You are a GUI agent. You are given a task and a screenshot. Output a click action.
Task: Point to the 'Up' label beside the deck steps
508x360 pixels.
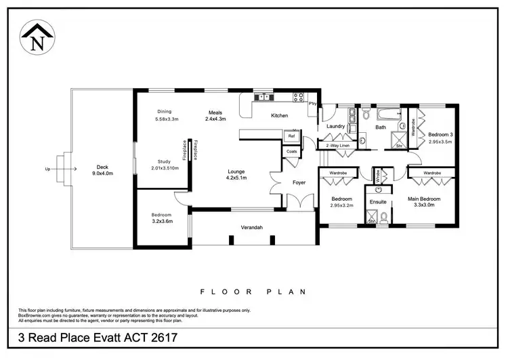pos(47,169)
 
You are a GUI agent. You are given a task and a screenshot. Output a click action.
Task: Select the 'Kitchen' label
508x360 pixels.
pos(280,116)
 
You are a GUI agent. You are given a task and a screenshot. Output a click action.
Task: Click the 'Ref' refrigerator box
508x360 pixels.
pos(292,136)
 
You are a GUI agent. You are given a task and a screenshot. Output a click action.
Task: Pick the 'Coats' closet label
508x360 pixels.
pos(292,151)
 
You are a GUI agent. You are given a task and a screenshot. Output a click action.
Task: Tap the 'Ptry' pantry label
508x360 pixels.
pos(313,104)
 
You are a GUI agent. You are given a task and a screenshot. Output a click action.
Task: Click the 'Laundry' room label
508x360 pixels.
pos(336,126)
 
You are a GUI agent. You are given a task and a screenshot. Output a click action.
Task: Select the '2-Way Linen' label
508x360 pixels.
pos(337,146)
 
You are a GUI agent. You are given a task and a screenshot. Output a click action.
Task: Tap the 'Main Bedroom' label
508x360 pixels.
pos(424,199)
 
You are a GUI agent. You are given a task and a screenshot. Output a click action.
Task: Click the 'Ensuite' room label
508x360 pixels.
pos(377,202)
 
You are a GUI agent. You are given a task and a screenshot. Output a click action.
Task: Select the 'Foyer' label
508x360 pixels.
pos(299,182)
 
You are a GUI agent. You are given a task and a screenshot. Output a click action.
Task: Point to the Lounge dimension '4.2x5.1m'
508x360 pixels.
pos(236,178)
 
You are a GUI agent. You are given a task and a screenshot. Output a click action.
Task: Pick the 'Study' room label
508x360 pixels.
pos(164,161)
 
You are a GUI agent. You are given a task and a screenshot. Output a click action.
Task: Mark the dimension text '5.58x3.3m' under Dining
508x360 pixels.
pos(167,119)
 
